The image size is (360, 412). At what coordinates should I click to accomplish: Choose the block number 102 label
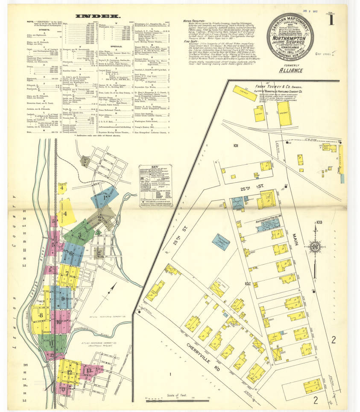248,283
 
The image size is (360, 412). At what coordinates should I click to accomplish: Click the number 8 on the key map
41,315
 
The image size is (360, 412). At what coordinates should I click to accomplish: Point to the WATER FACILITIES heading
193,20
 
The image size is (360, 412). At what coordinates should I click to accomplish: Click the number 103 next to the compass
319,222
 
